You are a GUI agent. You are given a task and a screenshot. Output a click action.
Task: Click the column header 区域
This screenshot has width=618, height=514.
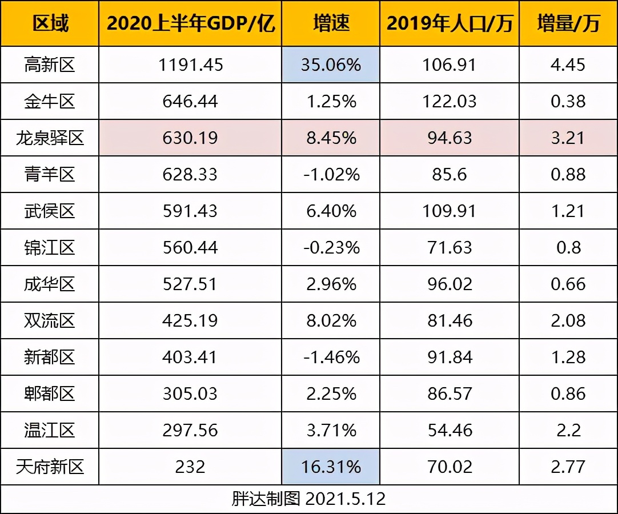[x=50, y=23]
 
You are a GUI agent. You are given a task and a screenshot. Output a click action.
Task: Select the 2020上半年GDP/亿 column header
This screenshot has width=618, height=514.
[x=190, y=23]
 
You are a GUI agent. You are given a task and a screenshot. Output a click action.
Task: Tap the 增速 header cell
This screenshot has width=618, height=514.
[x=331, y=23]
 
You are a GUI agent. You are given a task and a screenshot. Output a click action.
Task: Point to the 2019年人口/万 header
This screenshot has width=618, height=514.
[x=450, y=23]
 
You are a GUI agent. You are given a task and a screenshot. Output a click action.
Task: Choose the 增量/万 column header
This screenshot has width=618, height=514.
[x=568, y=23]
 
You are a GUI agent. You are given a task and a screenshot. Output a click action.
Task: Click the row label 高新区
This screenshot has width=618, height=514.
[x=50, y=65]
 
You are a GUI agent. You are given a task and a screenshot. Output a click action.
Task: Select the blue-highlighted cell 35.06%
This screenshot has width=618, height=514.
[x=331, y=65]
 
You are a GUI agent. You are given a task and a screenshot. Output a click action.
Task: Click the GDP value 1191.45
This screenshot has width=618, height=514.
[x=190, y=65]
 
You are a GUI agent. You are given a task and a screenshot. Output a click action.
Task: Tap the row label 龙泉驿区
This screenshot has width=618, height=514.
[x=50, y=138]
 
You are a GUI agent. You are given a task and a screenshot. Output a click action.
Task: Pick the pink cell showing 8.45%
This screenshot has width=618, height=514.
[x=331, y=138]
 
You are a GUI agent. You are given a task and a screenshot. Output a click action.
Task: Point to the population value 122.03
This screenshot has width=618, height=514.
[x=450, y=101]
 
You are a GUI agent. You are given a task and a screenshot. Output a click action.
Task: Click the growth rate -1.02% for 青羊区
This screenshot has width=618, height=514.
[x=331, y=174]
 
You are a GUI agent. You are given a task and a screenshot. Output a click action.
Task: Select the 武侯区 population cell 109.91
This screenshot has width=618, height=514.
[x=450, y=211]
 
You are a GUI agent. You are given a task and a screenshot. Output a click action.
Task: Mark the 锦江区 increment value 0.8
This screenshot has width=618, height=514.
[x=568, y=247]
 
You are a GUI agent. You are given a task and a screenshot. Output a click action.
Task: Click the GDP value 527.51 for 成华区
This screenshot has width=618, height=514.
[x=190, y=284]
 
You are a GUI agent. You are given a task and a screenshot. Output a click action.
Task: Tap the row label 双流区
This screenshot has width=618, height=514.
[x=50, y=320]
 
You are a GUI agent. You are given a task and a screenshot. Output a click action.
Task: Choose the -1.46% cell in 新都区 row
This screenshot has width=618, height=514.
[x=331, y=357]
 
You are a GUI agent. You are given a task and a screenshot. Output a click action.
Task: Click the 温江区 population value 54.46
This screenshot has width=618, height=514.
[x=450, y=430]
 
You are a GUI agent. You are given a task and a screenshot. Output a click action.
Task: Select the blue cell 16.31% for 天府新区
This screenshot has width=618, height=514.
[x=331, y=467]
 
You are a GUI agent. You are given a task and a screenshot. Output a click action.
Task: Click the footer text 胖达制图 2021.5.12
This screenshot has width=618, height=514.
[x=308, y=499]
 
